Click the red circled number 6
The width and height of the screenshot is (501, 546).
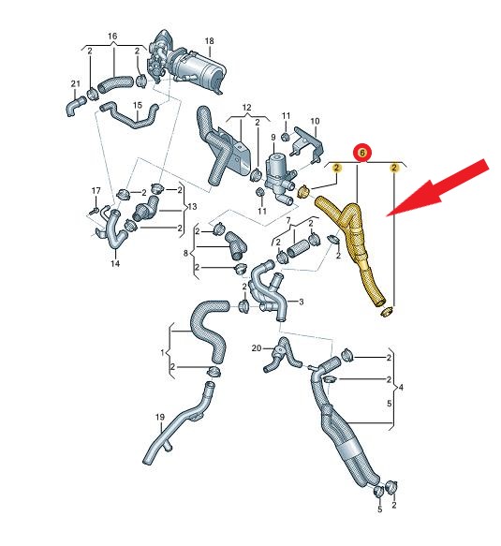pyautogui.click(x=362, y=154)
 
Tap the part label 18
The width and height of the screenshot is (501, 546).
pyautogui.click(x=209, y=41)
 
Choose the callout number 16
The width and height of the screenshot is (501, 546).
pyautogui.click(x=112, y=37)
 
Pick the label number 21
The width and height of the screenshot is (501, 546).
pyautogui.click(x=76, y=84)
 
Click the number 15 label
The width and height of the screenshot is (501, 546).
pyautogui.click(x=138, y=105)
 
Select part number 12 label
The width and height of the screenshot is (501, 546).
pyautogui.click(x=246, y=108)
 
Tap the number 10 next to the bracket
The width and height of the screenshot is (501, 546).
pyautogui.click(x=315, y=121)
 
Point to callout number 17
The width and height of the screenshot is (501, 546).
pyautogui.click(x=96, y=191)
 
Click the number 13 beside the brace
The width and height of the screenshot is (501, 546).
pyautogui.click(x=192, y=207)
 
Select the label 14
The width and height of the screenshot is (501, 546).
pyautogui.click(x=115, y=263)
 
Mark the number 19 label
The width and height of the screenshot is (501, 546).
pyautogui.click(x=160, y=417)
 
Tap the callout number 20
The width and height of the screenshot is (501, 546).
pyautogui.click(x=257, y=348)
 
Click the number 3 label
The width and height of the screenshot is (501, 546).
pyautogui.click(x=302, y=302)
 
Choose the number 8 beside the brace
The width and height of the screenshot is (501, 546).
pyautogui.click(x=185, y=253)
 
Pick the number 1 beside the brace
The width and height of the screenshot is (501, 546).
pyautogui.click(x=162, y=353)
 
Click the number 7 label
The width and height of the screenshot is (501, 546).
pyautogui.click(x=287, y=220)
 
